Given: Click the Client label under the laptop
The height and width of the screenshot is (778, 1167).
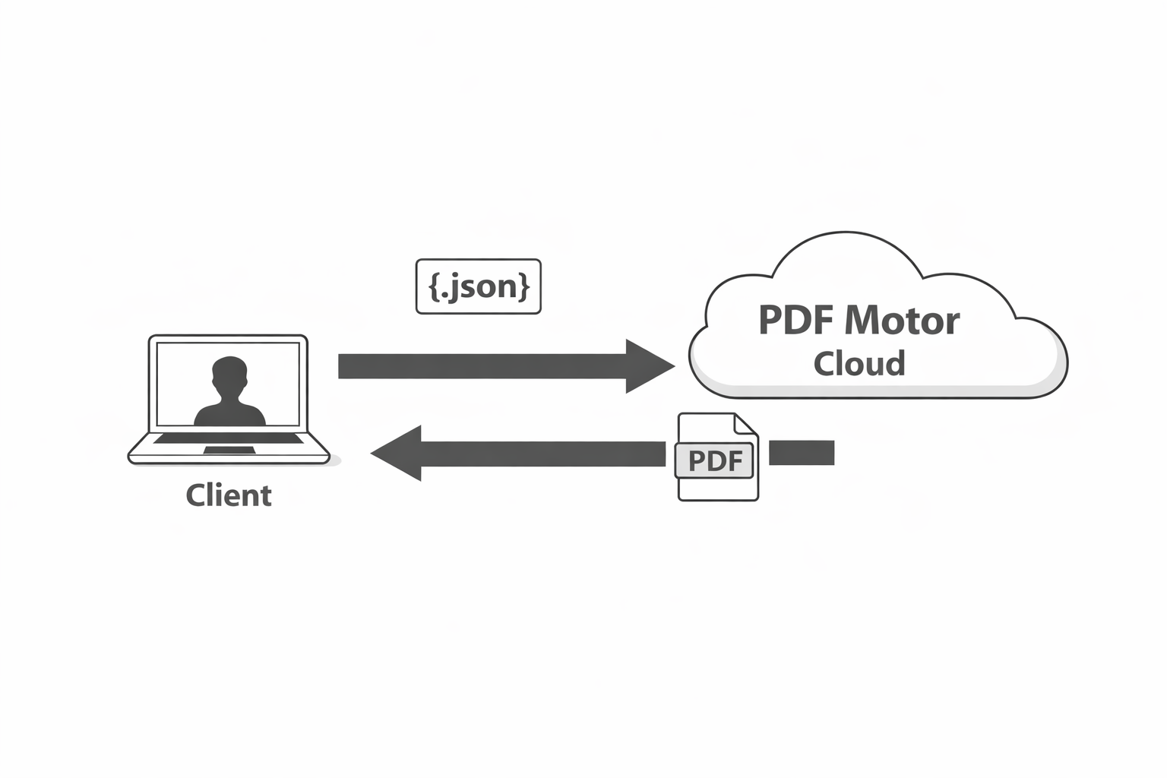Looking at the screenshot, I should [x=229, y=495].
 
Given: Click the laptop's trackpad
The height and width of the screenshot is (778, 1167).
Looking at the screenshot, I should [x=229, y=451].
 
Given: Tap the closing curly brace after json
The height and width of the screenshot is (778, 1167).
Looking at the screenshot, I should [x=523, y=286].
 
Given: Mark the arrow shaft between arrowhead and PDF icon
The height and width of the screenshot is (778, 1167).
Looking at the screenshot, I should [x=542, y=454].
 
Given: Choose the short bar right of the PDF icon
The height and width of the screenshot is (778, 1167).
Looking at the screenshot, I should [x=802, y=453].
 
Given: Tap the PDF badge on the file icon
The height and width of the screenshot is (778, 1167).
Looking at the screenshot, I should [x=714, y=460].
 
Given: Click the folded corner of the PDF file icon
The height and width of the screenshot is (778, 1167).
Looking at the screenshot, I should [x=745, y=424].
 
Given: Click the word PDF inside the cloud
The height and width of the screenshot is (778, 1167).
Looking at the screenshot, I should [x=794, y=321].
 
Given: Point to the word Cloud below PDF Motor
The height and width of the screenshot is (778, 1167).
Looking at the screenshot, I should [x=859, y=363].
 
